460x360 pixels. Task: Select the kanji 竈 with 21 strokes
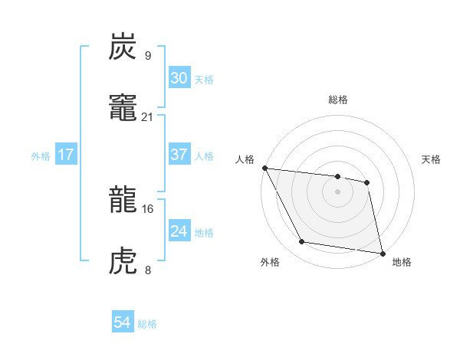123,108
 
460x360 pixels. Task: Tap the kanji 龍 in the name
123,201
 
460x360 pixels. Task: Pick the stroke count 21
148,117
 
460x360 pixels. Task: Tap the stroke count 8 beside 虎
147,270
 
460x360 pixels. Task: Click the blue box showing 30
179,78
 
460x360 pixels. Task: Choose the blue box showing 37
179,155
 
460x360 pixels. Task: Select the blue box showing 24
179,231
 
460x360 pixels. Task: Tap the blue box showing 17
66,155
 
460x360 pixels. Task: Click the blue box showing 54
123,322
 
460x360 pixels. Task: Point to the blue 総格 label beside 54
147,324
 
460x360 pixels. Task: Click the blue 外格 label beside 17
41,156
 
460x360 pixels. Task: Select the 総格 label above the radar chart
337,100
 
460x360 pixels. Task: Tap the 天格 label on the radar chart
432,159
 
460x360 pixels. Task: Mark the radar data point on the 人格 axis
264,168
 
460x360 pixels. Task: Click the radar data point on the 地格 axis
381,253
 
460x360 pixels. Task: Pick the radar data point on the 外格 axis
301,243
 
